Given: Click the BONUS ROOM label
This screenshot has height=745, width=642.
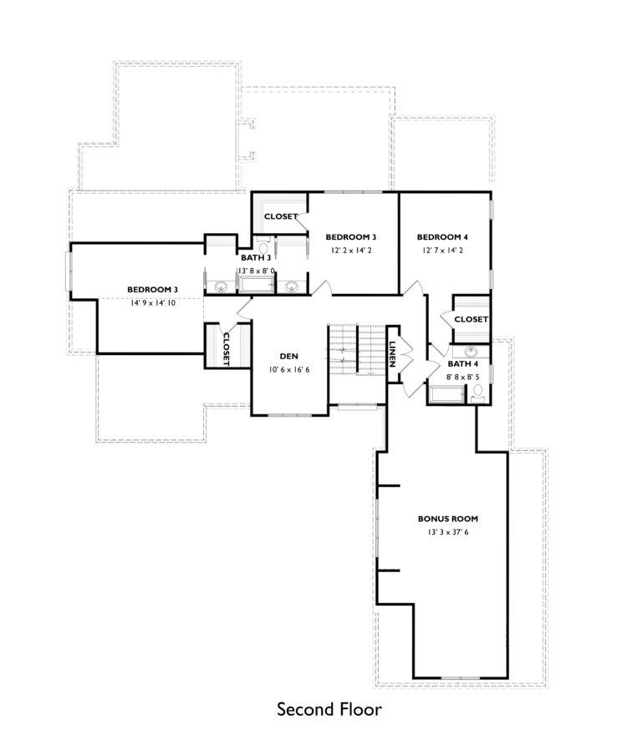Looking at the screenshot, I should point(448,519).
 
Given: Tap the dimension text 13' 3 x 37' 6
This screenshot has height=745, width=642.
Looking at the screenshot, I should point(448,532).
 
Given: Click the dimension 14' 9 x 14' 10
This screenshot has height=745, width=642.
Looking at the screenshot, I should point(152,303).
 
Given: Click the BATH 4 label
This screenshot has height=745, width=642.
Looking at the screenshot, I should point(462,364).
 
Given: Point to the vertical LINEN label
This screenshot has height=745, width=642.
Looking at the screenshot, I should point(391,354).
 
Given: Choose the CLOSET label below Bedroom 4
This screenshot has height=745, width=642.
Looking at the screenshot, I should point(471,320).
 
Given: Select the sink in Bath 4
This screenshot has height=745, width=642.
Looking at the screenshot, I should point(471,352).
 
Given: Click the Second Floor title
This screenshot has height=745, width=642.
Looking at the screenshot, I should point(329,710).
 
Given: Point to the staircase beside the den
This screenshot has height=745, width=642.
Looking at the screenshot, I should point(354,349).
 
